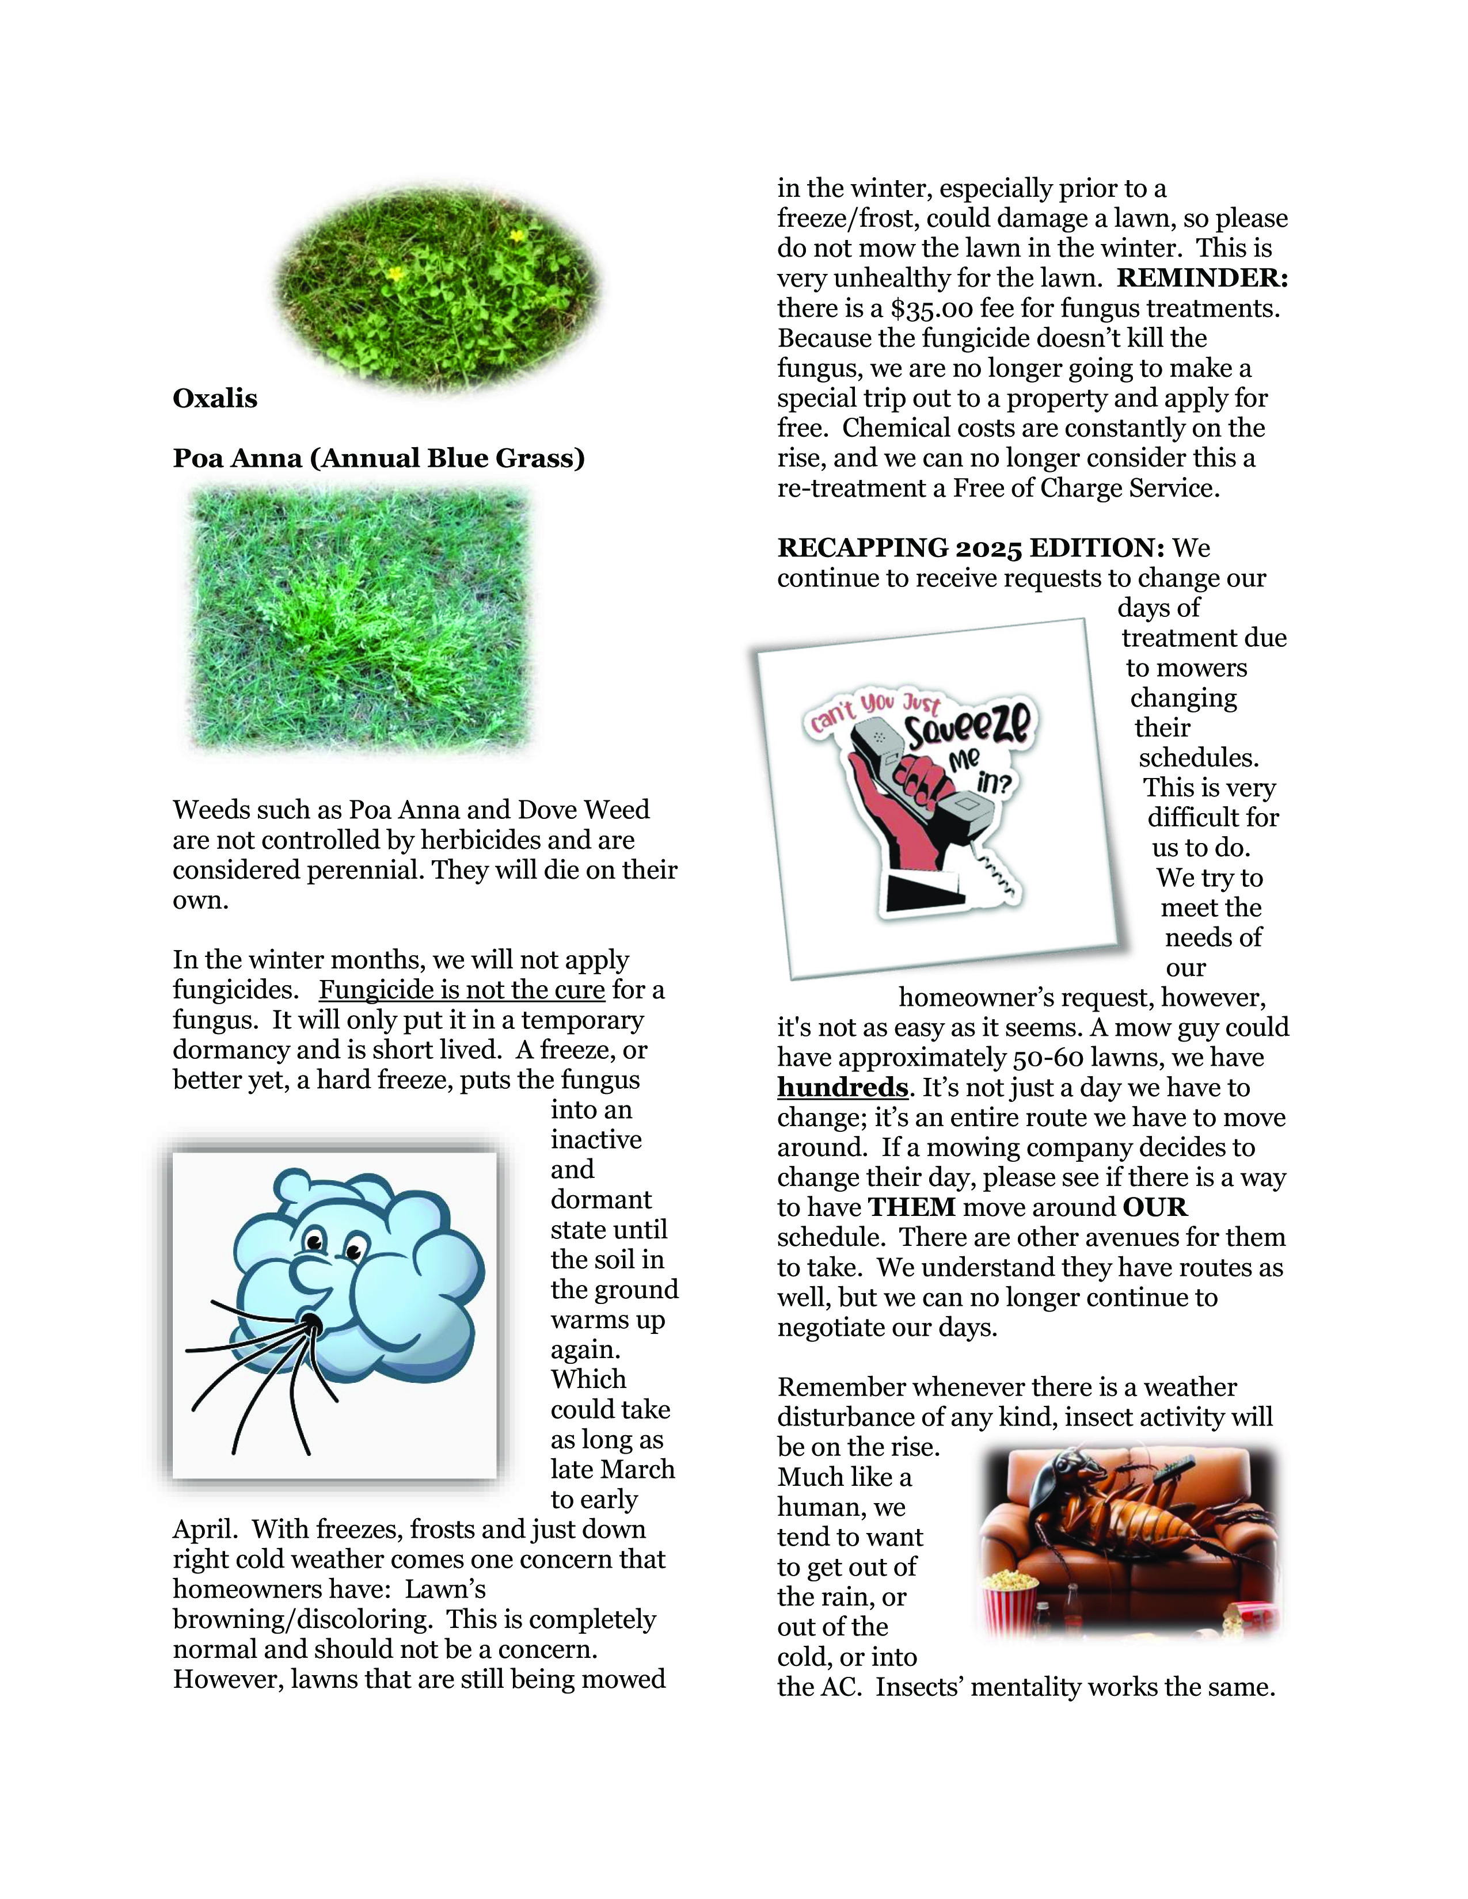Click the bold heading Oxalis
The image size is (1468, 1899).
[x=215, y=399]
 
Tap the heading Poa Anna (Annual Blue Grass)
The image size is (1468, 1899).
[x=378, y=458]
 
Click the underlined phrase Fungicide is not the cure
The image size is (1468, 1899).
[x=462, y=990]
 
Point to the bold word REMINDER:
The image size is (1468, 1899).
[x=1202, y=279]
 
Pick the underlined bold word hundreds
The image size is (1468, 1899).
[x=842, y=1088]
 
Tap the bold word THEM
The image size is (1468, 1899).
[x=911, y=1208]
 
